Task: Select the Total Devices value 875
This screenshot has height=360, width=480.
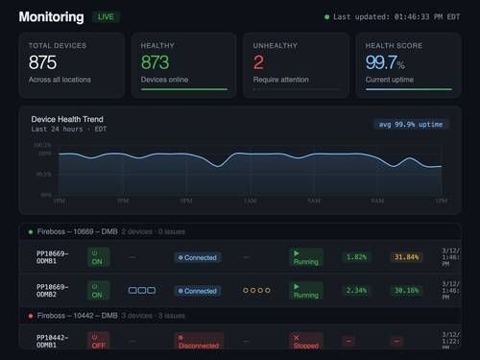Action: pyautogui.click(x=42, y=62)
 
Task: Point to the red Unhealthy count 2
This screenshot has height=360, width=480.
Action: pyautogui.click(x=257, y=62)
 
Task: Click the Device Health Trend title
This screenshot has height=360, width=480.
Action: pyautogui.click(x=68, y=119)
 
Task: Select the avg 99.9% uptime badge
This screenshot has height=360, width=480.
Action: pyautogui.click(x=411, y=124)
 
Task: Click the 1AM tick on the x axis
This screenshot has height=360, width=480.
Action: pyautogui.click(x=250, y=201)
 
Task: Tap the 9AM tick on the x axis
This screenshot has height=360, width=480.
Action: pyautogui.click(x=377, y=201)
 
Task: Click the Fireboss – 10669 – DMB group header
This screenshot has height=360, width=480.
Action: pyautogui.click(x=77, y=231)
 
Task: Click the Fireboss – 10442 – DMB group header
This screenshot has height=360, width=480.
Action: pyautogui.click(x=77, y=314)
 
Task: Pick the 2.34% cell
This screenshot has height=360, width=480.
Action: pyautogui.click(x=355, y=291)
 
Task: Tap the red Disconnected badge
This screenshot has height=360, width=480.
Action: pyautogui.click(x=199, y=341)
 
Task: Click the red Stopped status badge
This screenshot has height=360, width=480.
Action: pyautogui.click(x=305, y=341)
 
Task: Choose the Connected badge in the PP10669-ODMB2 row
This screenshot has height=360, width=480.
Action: pyautogui.click(x=197, y=291)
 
